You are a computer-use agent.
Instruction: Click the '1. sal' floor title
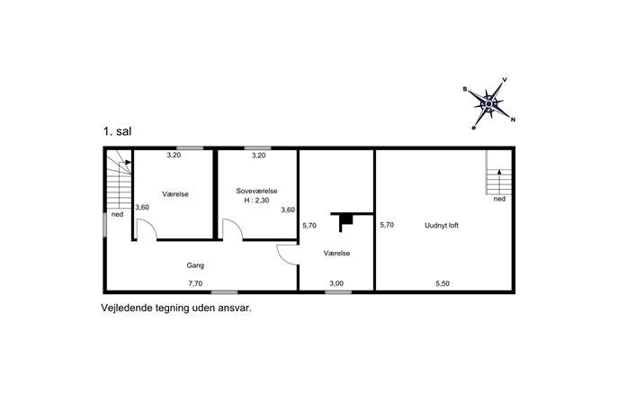(117, 131)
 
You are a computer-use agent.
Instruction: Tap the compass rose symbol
(488, 103)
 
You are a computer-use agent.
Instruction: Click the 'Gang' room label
(195, 265)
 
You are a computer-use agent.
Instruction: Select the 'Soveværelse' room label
(256, 191)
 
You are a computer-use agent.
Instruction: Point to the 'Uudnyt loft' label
(442, 226)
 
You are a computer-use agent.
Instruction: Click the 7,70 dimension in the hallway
(195, 283)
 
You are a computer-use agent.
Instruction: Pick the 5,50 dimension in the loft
(443, 283)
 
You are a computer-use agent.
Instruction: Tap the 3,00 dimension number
(336, 283)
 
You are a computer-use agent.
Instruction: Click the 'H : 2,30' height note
(256, 201)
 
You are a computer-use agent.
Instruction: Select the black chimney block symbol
(346, 219)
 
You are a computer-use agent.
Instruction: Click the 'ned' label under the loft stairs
(499, 199)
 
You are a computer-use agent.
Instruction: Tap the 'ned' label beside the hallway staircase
(117, 214)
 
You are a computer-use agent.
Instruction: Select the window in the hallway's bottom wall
(224, 292)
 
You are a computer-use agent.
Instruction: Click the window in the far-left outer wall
(105, 225)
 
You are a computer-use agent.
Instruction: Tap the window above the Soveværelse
(257, 148)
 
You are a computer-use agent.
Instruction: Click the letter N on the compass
(513, 120)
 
